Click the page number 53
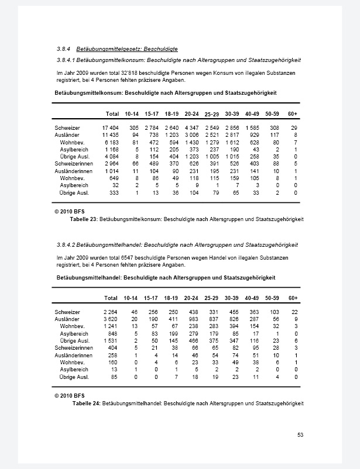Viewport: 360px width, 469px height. pos(300,434)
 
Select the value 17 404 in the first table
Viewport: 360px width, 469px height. pos(111,127)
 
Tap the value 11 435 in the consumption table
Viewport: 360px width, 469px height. pos(111,134)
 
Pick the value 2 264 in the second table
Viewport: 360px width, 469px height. pos(111,312)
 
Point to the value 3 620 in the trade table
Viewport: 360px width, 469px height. pos(111,319)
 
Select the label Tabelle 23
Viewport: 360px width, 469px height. pos(84,219)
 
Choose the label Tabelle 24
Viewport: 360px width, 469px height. pos(86,404)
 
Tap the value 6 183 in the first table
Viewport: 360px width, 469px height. pos(112,142)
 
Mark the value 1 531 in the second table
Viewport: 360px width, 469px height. pos(111,340)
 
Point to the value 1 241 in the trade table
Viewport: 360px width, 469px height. pos(111,326)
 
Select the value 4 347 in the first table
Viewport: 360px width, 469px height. pos(191,127)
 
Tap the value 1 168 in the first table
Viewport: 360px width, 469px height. pos(112,149)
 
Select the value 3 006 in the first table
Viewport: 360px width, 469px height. pos(191,134)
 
